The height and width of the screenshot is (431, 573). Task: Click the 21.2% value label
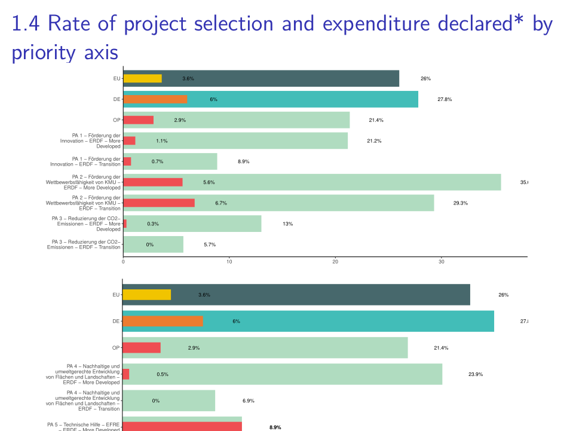tap(374, 141)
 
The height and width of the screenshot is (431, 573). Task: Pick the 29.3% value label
tap(460, 203)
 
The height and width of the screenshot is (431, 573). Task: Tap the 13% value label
tap(288, 224)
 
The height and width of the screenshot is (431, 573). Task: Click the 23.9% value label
tap(476, 374)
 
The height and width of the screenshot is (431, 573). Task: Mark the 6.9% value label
tap(249, 401)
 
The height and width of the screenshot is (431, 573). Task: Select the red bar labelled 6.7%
tap(159, 203)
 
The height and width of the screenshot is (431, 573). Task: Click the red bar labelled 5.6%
tap(153, 182)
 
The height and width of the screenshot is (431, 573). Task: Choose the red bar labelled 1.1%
tap(129, 141)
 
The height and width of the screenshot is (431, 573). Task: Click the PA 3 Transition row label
tap(84, 244)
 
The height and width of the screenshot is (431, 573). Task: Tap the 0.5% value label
tap(163, 374)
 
